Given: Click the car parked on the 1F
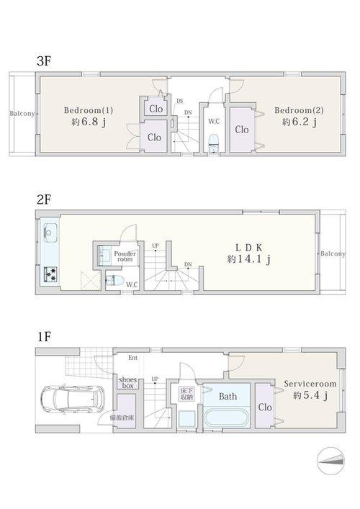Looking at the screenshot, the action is point(73,398).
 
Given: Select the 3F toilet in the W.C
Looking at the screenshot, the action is point(213,143).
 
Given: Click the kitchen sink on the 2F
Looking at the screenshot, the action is point(50,233).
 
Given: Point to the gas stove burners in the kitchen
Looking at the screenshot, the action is point(50,274).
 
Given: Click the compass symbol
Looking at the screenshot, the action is point(330,460).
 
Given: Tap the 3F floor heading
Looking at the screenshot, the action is point(44,60).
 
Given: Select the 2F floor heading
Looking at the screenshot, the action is point(43,199).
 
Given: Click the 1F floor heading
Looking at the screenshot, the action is point(44,337).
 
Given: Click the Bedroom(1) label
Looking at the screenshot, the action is point(89,110).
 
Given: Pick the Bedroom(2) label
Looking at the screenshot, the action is point(299,110).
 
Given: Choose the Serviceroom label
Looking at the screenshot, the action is point(310,384).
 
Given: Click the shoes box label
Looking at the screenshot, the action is point(127,383).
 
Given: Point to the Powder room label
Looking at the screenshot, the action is point(125,256).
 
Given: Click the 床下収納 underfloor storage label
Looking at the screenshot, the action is point(186,393).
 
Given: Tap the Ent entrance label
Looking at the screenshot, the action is point(132,358).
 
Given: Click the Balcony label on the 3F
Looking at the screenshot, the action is point(22,114).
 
